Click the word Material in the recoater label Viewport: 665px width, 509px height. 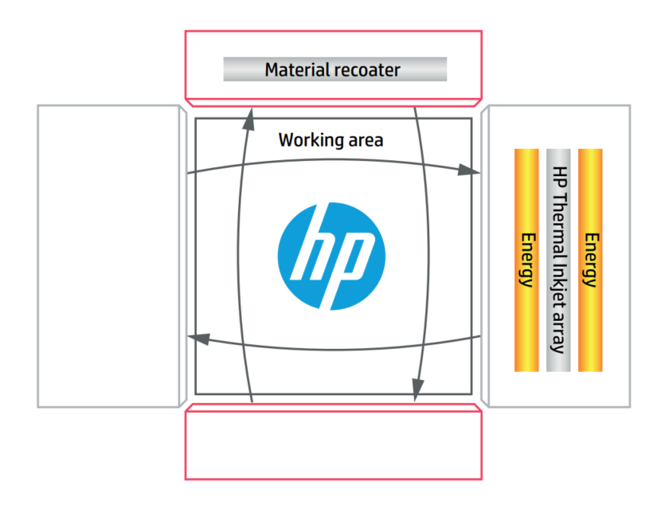295,69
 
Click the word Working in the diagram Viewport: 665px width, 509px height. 307,140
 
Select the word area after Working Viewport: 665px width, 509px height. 362,141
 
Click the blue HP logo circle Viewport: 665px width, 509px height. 331,256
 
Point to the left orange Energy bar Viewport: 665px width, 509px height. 526,260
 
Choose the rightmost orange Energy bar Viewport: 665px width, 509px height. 590,260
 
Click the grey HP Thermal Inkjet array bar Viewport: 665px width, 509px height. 558,260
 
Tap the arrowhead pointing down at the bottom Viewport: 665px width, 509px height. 417,389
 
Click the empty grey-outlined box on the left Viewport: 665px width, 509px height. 108,256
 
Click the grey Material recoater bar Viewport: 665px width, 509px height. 334,69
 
